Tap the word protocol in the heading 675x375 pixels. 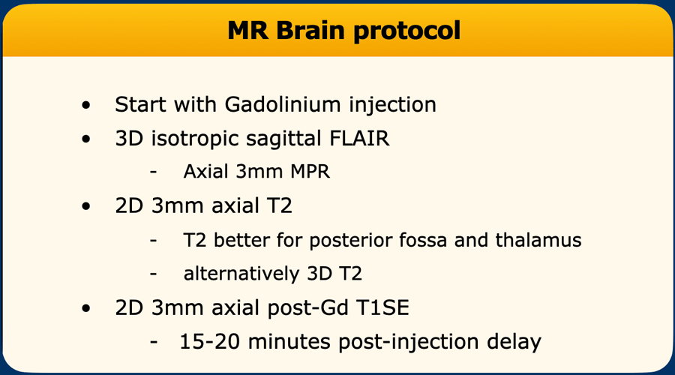pos(406,31)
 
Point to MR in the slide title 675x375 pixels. pos(247,31)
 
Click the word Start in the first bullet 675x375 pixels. pos(140,104)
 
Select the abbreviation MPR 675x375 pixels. pos(310,172)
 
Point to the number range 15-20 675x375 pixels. pos(210,342)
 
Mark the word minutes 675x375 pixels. pos(289,342)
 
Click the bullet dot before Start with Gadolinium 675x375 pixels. pos(86,105)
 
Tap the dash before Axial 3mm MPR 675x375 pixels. pos(154,172)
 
